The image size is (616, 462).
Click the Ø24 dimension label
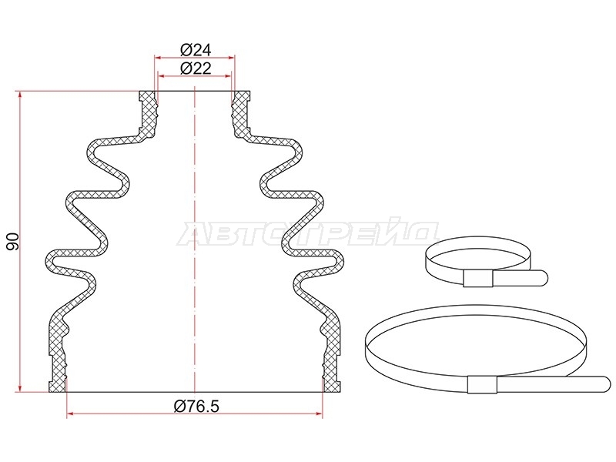click(196, 50)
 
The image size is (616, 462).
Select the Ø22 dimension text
click(196, 69)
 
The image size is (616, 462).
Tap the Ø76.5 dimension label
click(196, 407)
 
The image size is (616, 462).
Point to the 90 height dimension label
click(12, 242)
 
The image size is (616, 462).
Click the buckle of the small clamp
click(478, 279)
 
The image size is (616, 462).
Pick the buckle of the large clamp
click(483, 384)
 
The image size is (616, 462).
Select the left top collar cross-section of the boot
click(148, 114)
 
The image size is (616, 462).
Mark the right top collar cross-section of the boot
click(241, 114)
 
